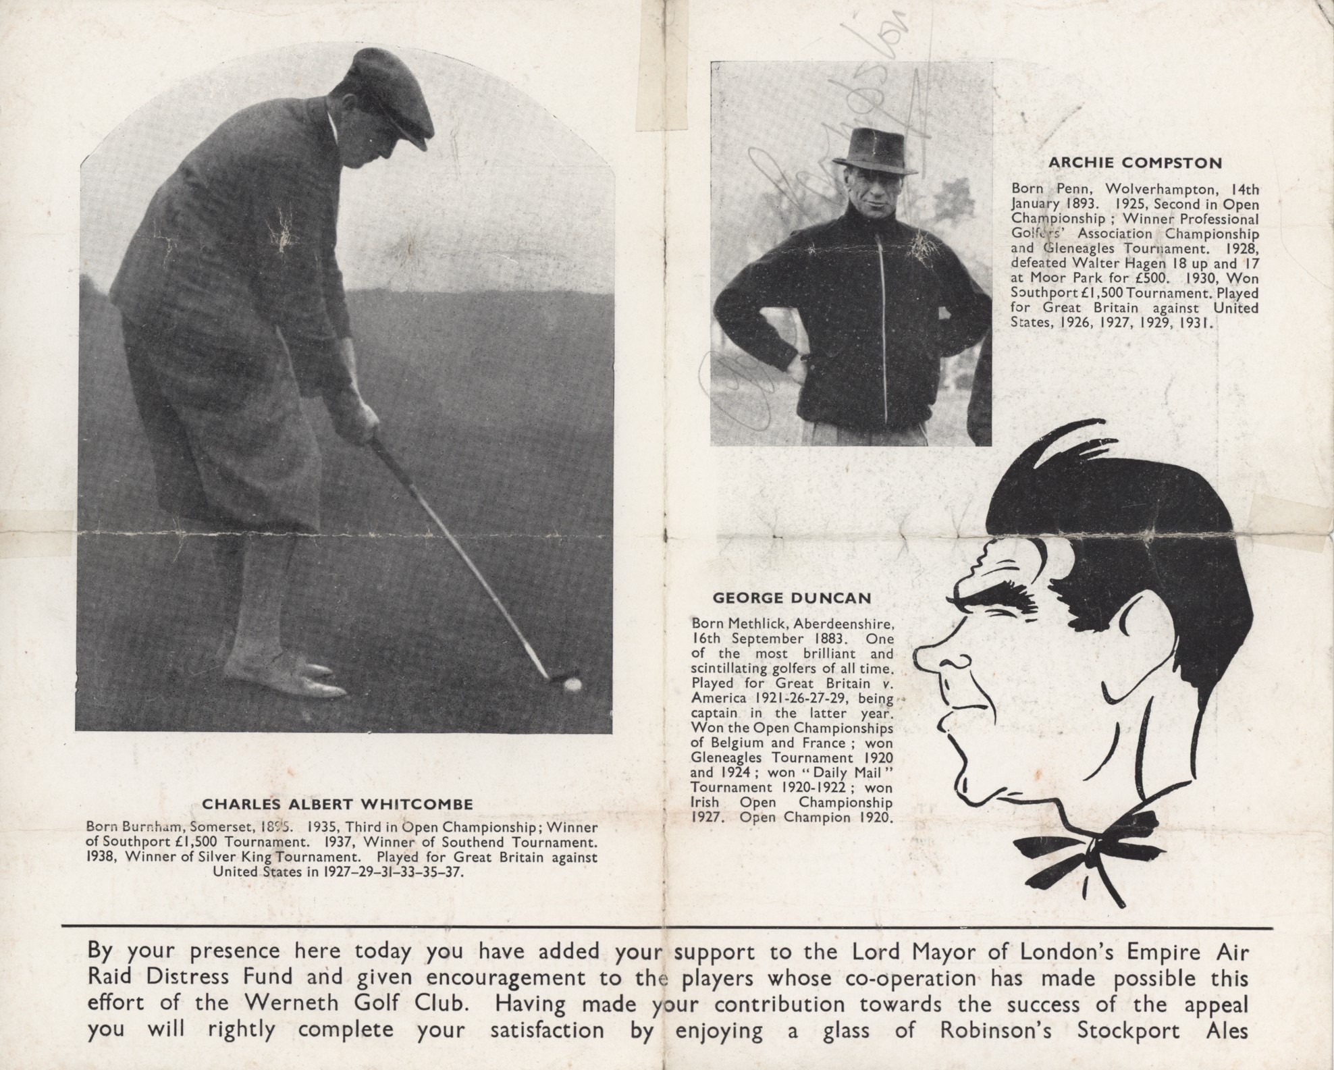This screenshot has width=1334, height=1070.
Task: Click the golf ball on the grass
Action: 572,685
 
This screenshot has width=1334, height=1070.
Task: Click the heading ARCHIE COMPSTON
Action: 1135,163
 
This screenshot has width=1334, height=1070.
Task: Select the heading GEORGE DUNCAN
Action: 792,598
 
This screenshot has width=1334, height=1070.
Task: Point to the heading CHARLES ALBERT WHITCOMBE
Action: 338,805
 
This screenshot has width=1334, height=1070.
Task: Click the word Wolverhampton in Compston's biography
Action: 1154,190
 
